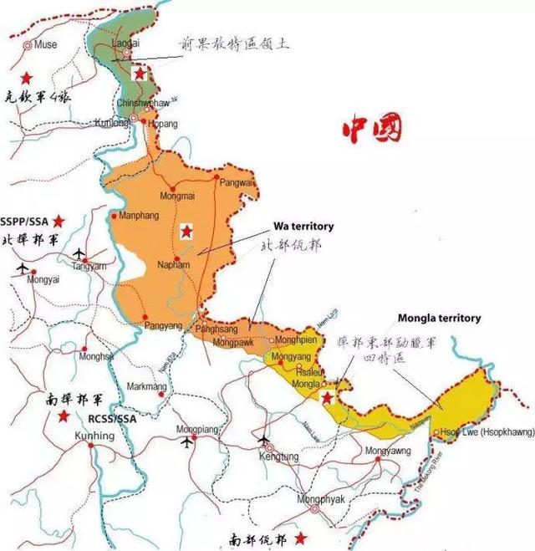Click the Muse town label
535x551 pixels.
tap(45, 43)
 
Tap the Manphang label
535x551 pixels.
tap(139, 216)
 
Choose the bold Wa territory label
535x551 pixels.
tap(303, 226)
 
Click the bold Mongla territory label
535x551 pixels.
tap(439, 318)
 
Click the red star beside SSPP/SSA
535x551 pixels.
tap(59, 221)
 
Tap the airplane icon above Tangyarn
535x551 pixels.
tap(80, 253)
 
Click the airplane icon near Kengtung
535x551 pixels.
tap(266, 438)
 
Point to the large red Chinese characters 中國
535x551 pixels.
tap(370, 130)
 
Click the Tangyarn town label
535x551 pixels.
tap(89, 266)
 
